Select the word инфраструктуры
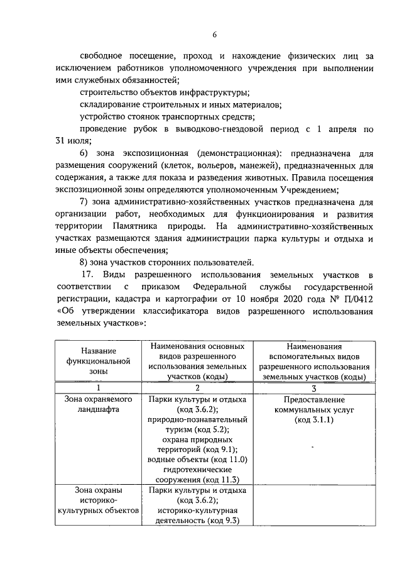pos(214,92)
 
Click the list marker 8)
pos(86,262)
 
